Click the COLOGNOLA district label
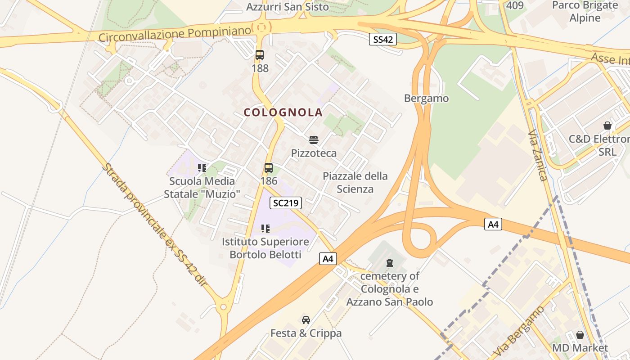283,112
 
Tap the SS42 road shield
383,40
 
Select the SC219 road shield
286,203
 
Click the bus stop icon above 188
260,55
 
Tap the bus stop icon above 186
269,168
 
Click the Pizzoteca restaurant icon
314,140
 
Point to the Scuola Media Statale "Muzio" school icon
202,168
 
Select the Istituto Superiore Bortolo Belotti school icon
265,229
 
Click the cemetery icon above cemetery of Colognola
390,262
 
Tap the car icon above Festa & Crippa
306,320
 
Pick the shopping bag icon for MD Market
580,335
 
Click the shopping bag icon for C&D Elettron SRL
607,126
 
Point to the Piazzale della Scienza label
355,182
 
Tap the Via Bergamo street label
518,331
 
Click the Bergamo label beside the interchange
426,98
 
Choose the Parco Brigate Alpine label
585,12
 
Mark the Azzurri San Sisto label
288,7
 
